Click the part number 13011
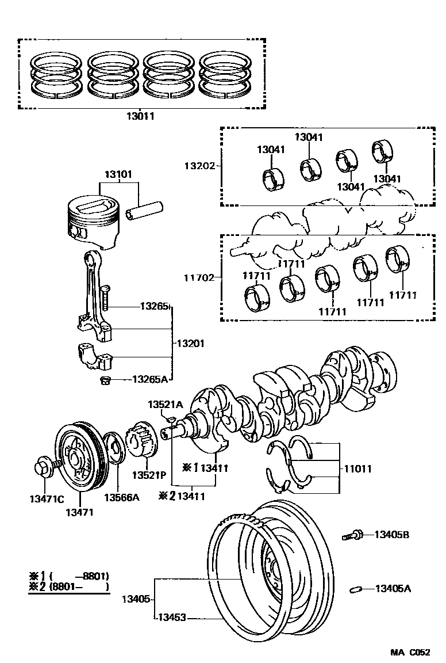pos(140,116)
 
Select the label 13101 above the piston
pos(118,174)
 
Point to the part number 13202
pos(199,166)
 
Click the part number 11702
pos(199,277)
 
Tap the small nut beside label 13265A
pos(106,380)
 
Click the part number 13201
pos(190,343)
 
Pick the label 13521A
pos(165,405)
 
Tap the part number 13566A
pos(121,497)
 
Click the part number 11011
pos(357,468)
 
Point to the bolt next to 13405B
pos(352,536)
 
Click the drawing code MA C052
pos(410,652)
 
